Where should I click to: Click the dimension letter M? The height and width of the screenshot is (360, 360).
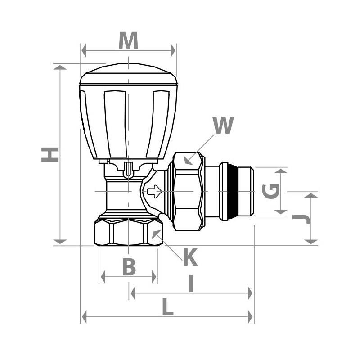point(128,40)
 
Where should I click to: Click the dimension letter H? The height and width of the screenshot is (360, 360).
point(50,154)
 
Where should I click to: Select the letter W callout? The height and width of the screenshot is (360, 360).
point(223,125)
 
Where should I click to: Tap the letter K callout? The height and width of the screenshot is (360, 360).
point(190,257)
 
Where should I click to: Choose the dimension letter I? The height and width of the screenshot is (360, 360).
point(192,283)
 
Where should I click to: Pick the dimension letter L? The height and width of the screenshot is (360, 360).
point(167,307)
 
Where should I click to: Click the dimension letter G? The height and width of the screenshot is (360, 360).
point(271,191)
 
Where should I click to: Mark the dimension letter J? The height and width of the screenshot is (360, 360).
point(301,219)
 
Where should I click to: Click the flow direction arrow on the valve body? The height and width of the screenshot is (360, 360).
point(154,191)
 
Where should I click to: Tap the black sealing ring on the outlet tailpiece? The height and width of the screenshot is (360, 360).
point(233,192)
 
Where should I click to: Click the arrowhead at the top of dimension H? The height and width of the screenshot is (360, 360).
point(60,67)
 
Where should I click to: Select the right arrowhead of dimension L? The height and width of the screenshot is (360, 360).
point(250,317)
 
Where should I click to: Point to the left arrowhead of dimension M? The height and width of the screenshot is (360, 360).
point(84,50)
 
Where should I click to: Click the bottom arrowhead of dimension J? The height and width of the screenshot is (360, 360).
point(311,242)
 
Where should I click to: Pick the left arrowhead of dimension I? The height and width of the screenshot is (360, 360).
point(133,293)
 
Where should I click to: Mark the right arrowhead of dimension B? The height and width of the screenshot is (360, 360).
point(154,277)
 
